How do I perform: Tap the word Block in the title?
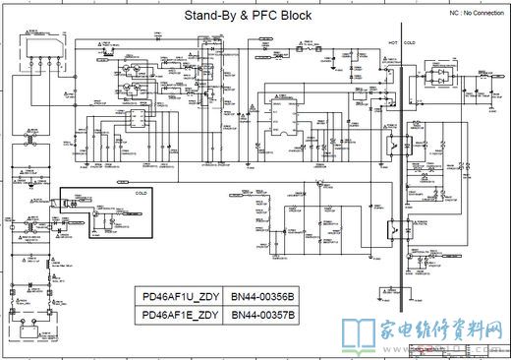coord(294,17)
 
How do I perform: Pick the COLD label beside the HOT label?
coord(409,44)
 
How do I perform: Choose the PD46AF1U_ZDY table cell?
coord(180,297)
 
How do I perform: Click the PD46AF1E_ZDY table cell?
coord(180,315)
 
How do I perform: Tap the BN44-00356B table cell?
coord(262,297)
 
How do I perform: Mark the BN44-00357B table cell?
coord(262,315)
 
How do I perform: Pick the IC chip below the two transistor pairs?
coord(140,120)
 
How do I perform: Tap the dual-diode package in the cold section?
coord(430,72)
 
